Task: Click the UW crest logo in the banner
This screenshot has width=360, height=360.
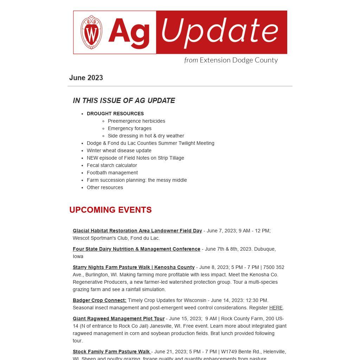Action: pyautogui.click(x=91, y=32)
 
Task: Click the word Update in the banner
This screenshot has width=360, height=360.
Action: pyautogui.click(x=220, y=32)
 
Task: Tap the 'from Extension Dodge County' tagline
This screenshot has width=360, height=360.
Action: pyautogui.click(x=231, y=60)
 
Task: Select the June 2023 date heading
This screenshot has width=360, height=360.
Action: pyautogui.click(x=86, y=78)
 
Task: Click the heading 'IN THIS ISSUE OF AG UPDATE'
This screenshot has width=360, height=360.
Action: pyautogui.click(x=124, y=101)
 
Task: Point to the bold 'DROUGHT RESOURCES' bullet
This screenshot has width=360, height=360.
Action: pyautogui.click(x=115, y=114)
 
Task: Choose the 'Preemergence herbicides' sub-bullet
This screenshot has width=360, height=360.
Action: pyautogui.click(x=136, y=121)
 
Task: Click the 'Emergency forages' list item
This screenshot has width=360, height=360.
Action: pyautogui.click(x=130, y=128)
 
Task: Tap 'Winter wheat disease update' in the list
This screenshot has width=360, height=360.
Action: pyautogui.click(x=119, y=150)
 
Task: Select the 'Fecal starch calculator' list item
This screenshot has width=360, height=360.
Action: pyautogui.click(x=112, y=165)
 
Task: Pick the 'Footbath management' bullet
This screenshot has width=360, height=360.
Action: pyautogui.click(x=112, y=173)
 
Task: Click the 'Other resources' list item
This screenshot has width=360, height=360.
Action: pyautogui.click(x=105, y=187)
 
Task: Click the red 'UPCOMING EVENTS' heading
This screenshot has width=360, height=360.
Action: pyautogui.click(x=110, y=210)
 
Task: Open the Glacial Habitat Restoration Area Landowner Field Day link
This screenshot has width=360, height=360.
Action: pyautogui.click(x=137, y=231)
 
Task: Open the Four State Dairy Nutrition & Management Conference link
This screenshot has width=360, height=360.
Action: pyautogui.click(x=136, y=249)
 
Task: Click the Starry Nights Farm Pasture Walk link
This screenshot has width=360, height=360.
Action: pyautogui.click(x=134, y=267)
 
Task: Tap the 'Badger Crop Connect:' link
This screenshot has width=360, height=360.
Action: pyautogui.click(x=99, y=300)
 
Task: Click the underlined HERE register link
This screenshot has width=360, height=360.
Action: pyautogui.click(x=276, y=308)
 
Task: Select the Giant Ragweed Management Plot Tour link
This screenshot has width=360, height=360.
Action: pyautogui.click(x=118, y=319)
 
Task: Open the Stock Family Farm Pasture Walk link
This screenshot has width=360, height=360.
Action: pyautogui.click(x=111, y=352)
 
